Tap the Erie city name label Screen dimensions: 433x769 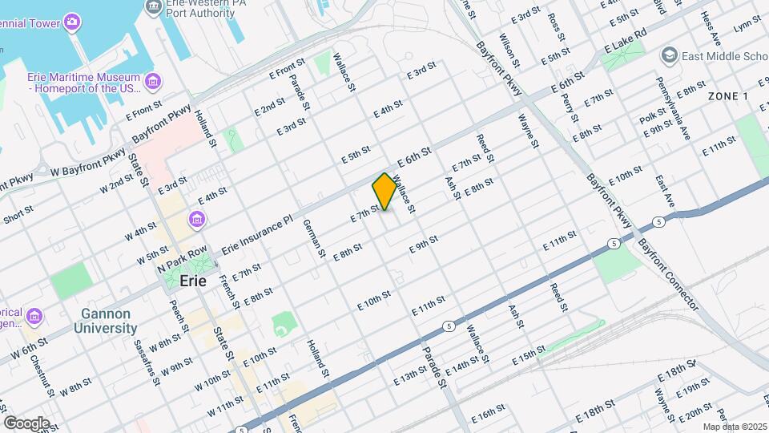pyautogui.click(x=193, y=281)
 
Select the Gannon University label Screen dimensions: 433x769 pyautogui.click(x=106, y=321)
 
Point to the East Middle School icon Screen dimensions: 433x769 pyautogui.click(x=669, y=55)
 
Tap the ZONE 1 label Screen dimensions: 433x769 pyautogui.click(x=727, y=96)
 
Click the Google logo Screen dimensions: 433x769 pyautogui.click(x=26, y=423)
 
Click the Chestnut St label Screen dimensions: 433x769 pyautogui.click(x=42, y=376)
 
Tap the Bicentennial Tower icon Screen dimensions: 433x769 pyautogui.click(x=73, y=20)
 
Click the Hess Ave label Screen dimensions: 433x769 pyautogui.click(x=711, y=28)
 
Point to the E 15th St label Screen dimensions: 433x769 pyautogui.click(x=529, y=353)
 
